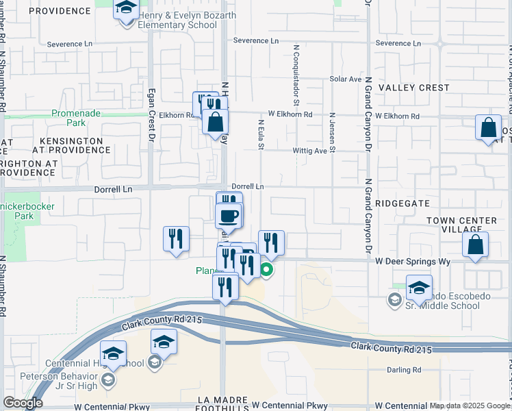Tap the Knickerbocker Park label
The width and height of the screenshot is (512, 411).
(x=23, y=210)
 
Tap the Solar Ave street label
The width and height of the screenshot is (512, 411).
(x=345, y=79)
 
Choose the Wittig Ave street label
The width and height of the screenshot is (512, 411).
(x=311, y=151)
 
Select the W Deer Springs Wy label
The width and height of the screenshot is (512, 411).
(x=413, y=261)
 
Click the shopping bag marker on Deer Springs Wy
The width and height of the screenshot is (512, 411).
(x=475, y=246)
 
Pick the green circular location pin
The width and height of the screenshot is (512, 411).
(x=267, y=270)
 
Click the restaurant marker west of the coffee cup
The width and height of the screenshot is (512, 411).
(x=177, y=239)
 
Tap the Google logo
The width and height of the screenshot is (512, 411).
(x=22, y=403)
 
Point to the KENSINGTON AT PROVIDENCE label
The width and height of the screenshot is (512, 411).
(x=67, y=145)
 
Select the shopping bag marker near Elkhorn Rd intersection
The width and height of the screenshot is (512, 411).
(x=215, y=121)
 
